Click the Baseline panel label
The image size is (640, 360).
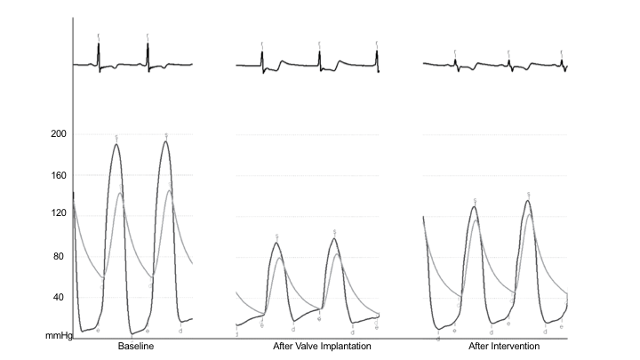(x=137, y=346)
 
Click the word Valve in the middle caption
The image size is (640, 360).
(x=304, y=346)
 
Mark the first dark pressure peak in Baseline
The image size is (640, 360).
(x=116, y=145)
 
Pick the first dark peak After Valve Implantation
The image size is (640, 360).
(x=276, y=243)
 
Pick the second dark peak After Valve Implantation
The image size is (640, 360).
(x=334, y=238)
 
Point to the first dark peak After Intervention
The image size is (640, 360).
(x=475, y=207)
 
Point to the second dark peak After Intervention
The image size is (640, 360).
(x=528, y=201)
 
